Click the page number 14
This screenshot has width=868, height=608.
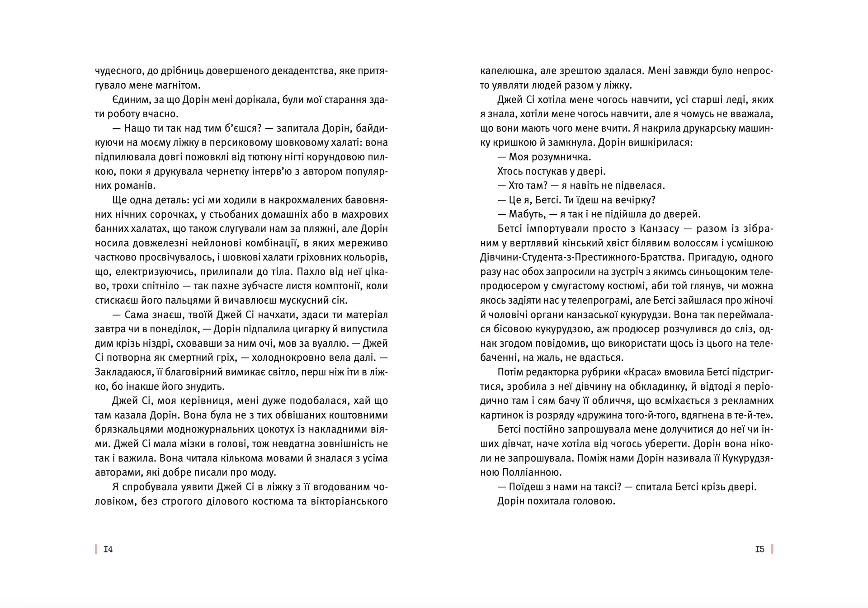point(108,549)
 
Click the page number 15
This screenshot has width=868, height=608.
point(759,549)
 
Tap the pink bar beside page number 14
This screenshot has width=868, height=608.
point(96,549)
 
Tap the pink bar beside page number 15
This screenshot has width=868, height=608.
point(772,549)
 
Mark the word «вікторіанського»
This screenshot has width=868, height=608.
point(349,501)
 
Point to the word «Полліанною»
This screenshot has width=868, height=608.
point(532,473)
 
